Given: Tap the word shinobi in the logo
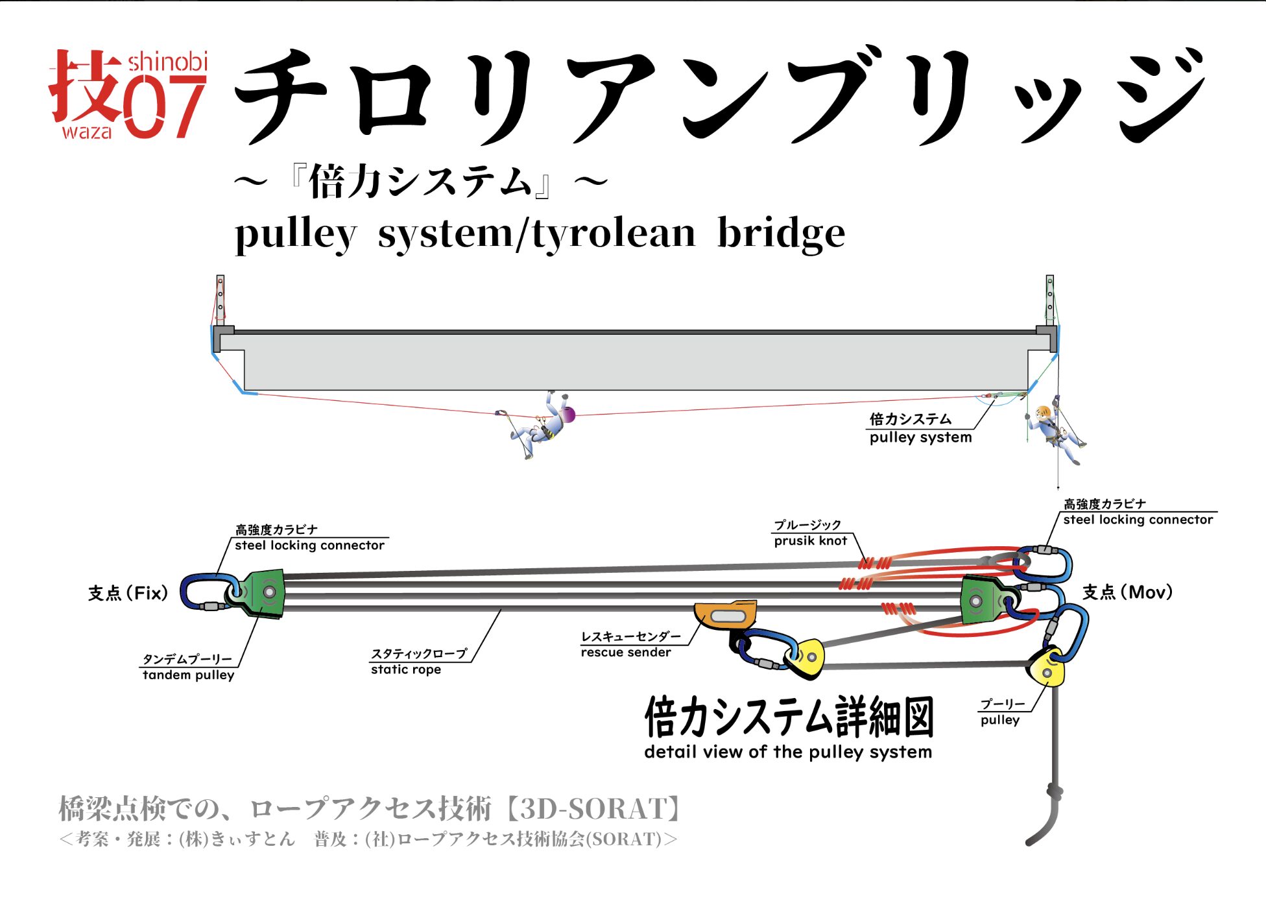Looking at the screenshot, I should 167,62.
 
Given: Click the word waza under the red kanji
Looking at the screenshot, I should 86,132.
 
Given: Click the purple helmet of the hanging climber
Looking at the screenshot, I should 567,415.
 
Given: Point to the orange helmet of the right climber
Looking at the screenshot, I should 1043,411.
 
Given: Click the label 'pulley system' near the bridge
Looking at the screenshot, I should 920,437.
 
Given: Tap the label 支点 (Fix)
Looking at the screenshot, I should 128,593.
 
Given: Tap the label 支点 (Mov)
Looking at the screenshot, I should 1127,592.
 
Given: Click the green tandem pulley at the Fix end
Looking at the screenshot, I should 265,593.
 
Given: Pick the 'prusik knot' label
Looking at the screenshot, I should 810,541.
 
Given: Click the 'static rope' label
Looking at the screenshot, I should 405,669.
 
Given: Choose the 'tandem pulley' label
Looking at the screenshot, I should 188,675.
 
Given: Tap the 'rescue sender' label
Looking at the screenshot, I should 625,652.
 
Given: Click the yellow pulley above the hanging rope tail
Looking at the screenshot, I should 1046,667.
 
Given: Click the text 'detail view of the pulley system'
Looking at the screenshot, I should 787,752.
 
